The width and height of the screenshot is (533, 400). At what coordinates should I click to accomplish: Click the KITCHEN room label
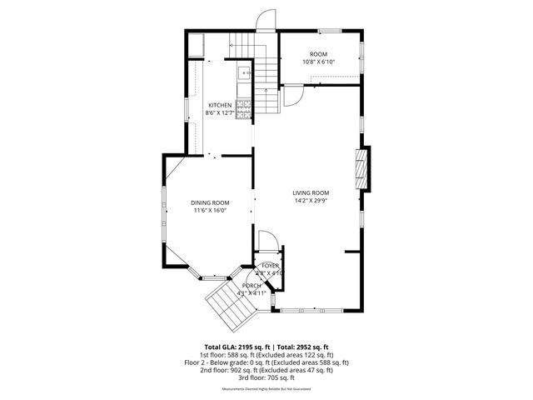pyautogui.click(x=220, y=105)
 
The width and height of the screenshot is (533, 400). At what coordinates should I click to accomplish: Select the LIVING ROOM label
pyautogui.click(x=311, y=192)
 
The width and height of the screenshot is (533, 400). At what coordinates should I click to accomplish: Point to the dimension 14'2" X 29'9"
pyautogui.click(x=311, y=200)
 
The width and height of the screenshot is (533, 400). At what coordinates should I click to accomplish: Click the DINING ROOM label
pyautogui.click(x=210, y=202)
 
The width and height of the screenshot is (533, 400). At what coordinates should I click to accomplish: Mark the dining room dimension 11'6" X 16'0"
pyautogui.click(x=210, y=210)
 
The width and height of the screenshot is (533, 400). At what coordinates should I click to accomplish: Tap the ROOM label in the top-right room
pyautogui.click(x=318, y=54)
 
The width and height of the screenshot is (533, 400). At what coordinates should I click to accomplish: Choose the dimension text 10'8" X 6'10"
pyautogui.click(x=318, y=62)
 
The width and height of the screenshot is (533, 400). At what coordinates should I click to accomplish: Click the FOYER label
pyautogui.click(x=271, y=266)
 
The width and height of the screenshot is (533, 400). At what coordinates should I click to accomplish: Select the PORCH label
pyautogui.click(x=252, y=285)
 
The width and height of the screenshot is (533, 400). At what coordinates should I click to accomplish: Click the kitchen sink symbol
pyautogui.click(x=244, y=72)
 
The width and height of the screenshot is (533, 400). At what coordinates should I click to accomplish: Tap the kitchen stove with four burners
pyautogui.click(x=245, y=107)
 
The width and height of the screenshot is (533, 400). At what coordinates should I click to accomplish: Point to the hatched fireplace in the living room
pyautogui.click(x=361, y=169)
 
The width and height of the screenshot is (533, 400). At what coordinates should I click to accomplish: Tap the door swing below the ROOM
pyautogui.click(x=292, y=96)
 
